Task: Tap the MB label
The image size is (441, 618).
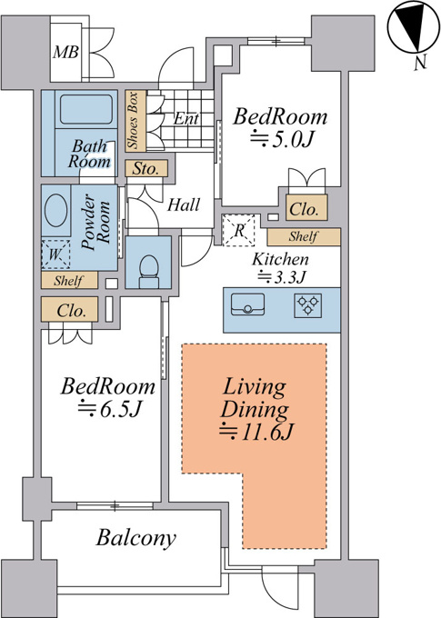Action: [65, 52]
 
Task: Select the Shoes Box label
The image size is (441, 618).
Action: [133, 121]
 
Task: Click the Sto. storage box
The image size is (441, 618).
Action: [146, 169]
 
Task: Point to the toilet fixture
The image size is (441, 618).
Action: [149, 271]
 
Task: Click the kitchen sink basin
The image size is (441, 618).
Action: [247, 304]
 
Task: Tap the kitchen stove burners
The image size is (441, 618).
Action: [307, 305]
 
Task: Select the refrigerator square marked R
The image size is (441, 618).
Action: [238, 230]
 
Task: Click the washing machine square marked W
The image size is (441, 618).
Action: [55, 254]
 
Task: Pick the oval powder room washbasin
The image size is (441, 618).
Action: [55, 210]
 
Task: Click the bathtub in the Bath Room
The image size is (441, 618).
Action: [85, 109]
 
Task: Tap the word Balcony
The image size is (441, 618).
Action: [135, 537]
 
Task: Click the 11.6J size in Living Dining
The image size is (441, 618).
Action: [256, 433]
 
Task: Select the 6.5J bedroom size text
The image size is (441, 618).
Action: [109, 410]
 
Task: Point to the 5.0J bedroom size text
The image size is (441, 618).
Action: [282, 140]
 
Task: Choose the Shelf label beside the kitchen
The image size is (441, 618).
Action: [303, 236]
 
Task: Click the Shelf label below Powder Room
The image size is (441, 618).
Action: [68, 281]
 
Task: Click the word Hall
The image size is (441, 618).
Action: [184, 205]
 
